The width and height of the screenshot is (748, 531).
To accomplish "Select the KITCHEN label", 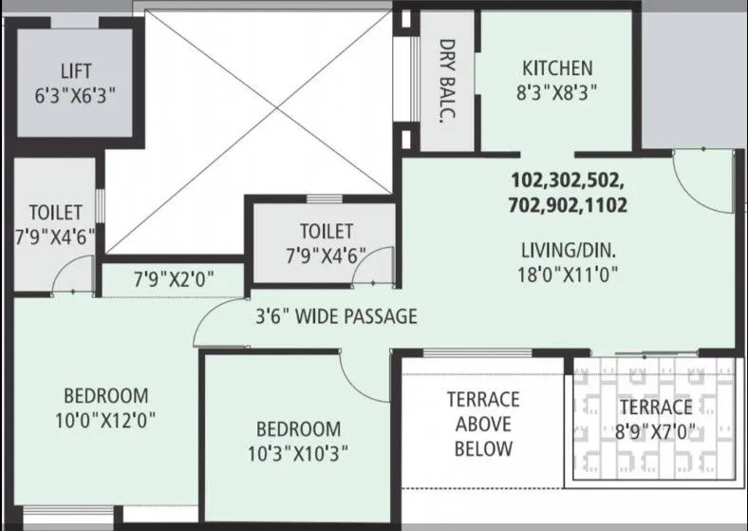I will click(557, 68).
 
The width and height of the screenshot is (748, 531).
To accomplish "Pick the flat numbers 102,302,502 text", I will click(569, 180).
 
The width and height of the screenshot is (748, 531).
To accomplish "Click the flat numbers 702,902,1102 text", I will click(569, 204).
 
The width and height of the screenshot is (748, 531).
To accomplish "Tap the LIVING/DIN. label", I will click(569, 252).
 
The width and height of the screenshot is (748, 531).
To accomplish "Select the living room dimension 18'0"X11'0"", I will click(569, 277).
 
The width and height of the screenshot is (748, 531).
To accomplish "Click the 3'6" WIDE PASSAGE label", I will click(335, 316).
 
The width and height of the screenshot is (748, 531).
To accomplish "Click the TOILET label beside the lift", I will click(55, 212).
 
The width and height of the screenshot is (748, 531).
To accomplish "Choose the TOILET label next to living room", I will click(326, 231).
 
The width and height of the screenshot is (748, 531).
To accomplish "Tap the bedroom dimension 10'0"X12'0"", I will click(105, 419).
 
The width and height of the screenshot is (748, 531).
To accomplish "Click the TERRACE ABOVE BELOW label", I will click(483, 424).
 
